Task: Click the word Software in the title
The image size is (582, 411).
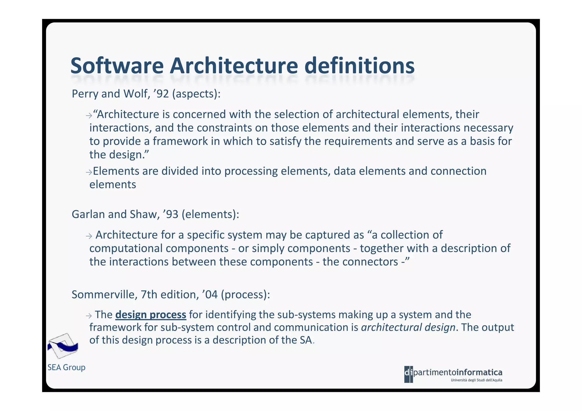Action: (x=117, y=66)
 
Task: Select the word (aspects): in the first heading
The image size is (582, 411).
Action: (x=196, y=94)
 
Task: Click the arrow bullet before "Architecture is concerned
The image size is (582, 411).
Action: (x=89, y=116)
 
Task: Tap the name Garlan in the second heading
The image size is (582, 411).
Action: (x=88, y=214)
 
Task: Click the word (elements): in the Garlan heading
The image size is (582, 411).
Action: (x=211, y=214)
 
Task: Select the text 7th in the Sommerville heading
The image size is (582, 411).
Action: (x=149, y=295)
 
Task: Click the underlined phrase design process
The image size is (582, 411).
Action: (x=151, y=315)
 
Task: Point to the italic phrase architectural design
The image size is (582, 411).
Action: (x=408, y=327)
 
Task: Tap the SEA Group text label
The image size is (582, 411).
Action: (x=66, y=368)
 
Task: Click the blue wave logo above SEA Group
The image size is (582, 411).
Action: (x=63, y=346)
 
